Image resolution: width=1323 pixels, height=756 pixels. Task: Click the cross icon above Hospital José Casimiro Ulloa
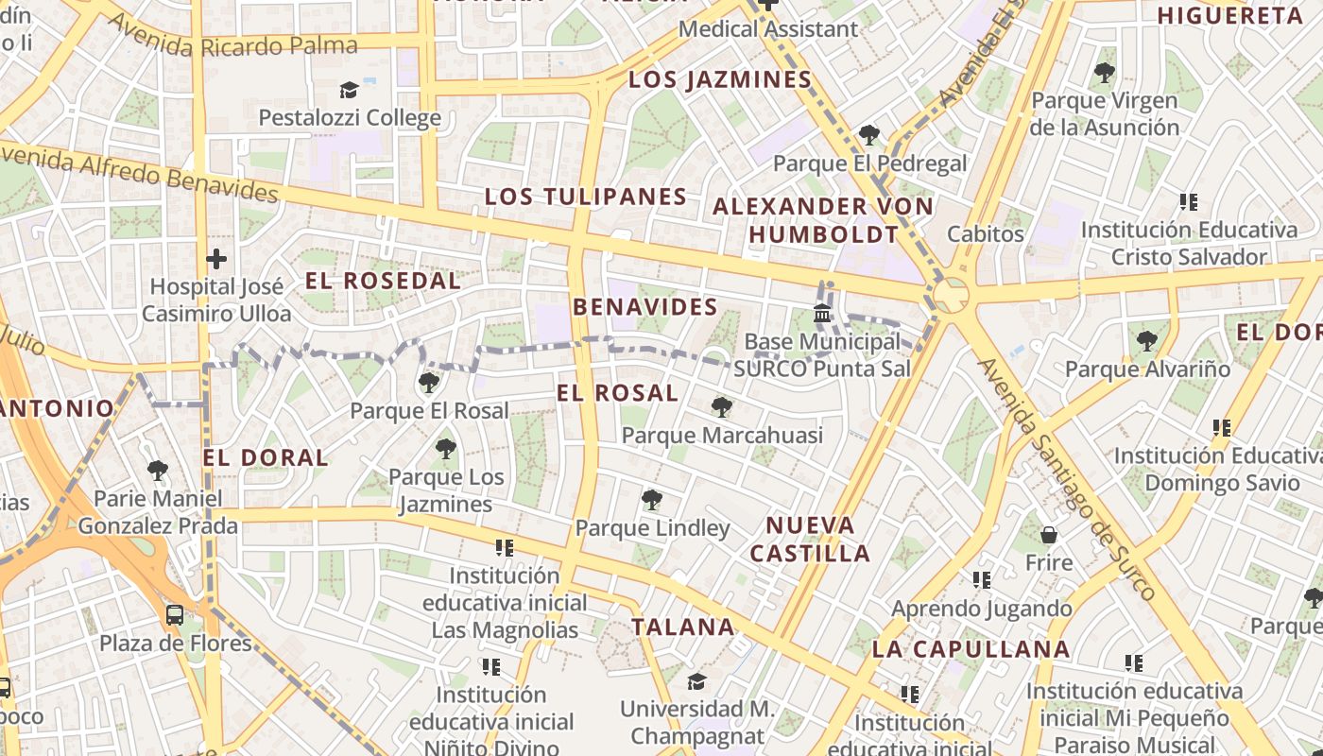(216, 258)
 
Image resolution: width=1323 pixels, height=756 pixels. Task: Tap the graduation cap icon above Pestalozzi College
(350, 90)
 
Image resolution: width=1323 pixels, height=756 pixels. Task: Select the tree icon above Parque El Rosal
(429, 383)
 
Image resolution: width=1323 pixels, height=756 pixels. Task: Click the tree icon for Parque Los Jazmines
(445, 449)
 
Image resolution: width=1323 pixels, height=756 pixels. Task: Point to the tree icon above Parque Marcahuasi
(722, 407)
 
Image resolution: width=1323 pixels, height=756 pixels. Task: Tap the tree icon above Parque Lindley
(651, 500)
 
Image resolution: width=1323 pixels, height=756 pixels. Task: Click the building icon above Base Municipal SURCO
(822, 313)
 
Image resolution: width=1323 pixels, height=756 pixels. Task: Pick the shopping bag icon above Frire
(1048, 535)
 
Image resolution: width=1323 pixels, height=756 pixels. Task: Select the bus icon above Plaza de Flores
(175, 615)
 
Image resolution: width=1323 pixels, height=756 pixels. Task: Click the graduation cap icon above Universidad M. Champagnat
(696, 680)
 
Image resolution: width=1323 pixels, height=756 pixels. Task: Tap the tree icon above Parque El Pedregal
(869, 135)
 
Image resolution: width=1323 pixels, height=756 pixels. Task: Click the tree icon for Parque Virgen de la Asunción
(1104, 72)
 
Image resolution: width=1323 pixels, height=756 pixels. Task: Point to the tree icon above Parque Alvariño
(1147, 340)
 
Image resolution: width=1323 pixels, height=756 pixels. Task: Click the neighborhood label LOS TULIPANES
(586, 197)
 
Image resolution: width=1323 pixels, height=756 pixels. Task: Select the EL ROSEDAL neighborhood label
(383, 281)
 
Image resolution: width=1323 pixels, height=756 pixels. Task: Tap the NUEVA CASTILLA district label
(810, 540)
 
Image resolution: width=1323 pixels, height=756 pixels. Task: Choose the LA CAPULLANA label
(971, 649)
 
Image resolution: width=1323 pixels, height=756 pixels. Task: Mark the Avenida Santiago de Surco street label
(1067, 478)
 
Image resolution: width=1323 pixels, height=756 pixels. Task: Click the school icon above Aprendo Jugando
(982, 579)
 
